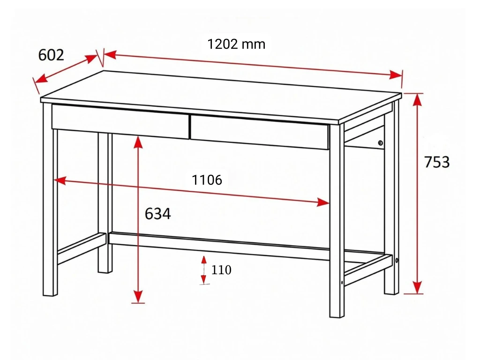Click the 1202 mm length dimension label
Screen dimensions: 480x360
point(236,45)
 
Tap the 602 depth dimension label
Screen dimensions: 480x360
point(51,55)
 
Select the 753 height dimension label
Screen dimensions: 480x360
point(437,162)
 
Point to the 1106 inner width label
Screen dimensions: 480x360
point(207,180)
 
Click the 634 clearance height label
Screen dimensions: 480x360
point(157,214)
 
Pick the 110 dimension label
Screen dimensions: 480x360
point(221,270)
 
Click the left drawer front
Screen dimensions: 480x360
point(120,121)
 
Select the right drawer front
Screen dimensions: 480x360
point(260,132)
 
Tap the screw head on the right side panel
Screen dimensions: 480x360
point(380,143)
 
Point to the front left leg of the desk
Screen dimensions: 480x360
point(50,199)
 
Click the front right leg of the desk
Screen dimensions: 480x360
point(337,220)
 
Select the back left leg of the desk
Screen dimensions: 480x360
point(105,202)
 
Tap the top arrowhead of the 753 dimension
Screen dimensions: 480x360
point(417,100)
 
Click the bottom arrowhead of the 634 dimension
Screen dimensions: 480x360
point(138,297)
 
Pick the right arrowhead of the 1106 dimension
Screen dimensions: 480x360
point(323,202)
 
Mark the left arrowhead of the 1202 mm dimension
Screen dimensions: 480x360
point(110,55)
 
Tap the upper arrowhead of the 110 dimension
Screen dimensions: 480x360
point(204,260)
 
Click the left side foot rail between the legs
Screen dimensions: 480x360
point(82,248)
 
